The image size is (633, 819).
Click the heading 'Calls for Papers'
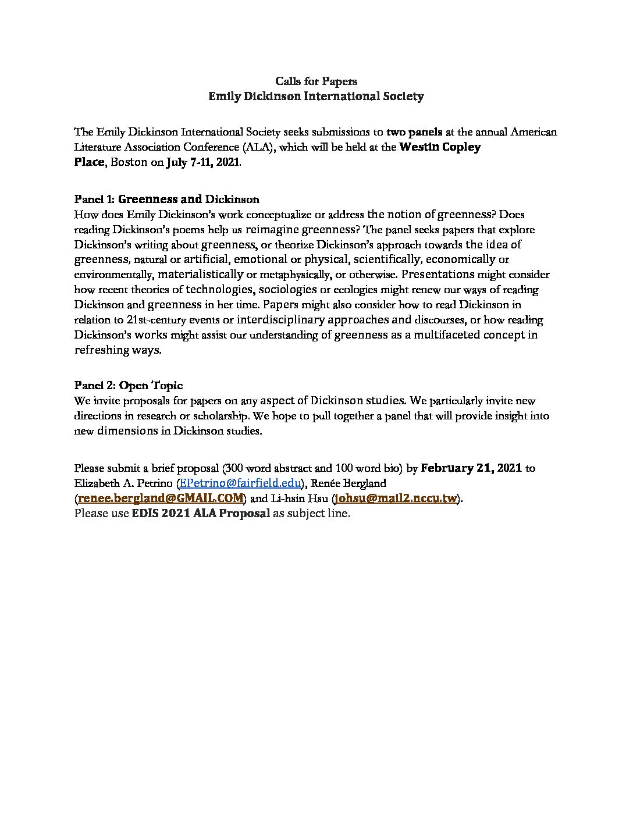pos(316,81)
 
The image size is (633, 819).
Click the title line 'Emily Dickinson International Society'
pos(316,96)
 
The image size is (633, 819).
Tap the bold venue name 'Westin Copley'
pos(440,147)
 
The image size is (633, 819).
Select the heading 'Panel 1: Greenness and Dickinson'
pos(167,200)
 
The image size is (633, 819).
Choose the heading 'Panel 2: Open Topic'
pos(128,386)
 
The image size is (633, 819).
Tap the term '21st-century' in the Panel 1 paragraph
pos(155,320)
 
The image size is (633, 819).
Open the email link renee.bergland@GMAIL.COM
pos(161,498)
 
